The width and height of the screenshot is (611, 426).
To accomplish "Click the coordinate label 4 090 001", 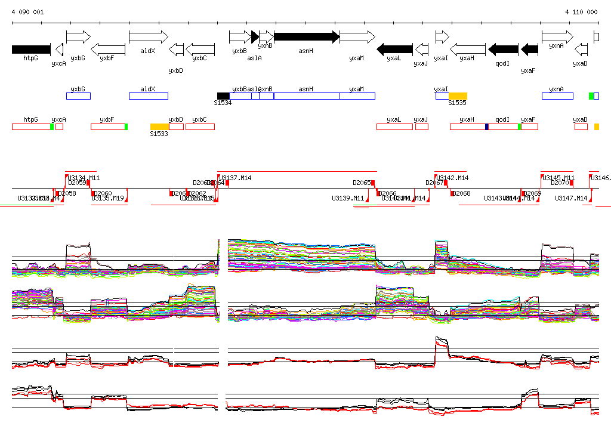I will [27, 12].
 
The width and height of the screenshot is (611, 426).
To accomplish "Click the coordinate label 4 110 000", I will [581, 12].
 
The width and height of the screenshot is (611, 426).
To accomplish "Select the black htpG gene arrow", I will [31, 49].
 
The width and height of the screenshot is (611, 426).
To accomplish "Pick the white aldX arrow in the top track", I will [148, 37].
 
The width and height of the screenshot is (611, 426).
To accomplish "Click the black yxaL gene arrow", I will [395, 49].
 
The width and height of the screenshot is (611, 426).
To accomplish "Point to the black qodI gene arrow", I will [503, 49].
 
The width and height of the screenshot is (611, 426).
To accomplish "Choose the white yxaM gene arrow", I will [357, 37].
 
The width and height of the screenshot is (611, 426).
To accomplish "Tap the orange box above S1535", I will [458, 96].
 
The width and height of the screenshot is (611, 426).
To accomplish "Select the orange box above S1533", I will [159, 126].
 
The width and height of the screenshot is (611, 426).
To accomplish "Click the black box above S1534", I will [223, 96].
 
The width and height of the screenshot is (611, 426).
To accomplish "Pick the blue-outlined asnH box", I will [306, 96].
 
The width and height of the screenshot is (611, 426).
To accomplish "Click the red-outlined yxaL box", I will [394, 126].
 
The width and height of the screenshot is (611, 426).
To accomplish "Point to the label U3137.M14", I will [236, 178].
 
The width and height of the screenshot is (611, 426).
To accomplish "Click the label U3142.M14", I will [453, 178].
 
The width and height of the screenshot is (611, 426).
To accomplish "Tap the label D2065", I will [362, 183].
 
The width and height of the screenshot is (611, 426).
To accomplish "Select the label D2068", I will [461, 193].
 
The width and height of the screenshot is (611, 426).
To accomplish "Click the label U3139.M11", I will [348, 198].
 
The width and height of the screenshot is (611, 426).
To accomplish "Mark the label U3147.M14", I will [571, 198].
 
